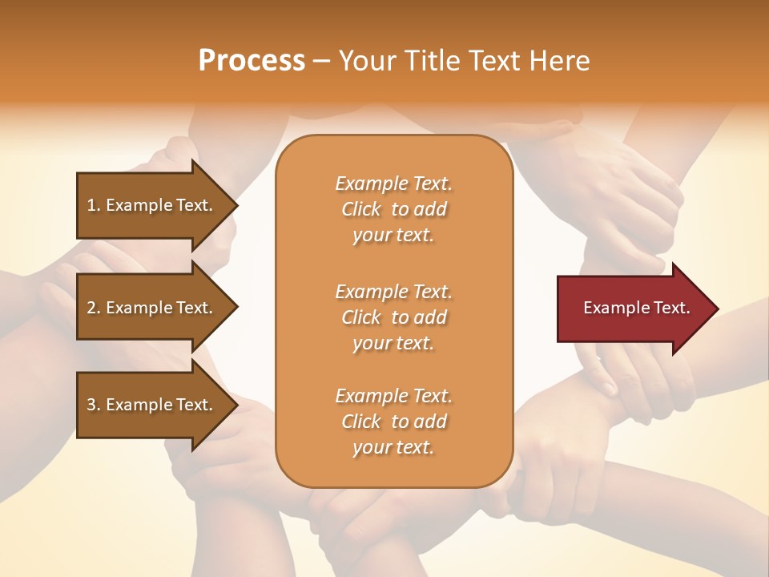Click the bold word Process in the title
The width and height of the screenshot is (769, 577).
(252, 61)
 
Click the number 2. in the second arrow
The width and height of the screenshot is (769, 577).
(94, 308)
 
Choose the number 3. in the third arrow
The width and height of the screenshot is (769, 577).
(94, 405)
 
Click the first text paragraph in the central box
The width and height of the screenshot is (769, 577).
(393, 209)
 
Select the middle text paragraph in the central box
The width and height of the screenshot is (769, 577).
(393, 317)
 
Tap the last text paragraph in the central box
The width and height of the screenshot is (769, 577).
(393, 422)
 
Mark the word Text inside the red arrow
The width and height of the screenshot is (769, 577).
(671, 308)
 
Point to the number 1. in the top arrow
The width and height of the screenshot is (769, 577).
(93, 205)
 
